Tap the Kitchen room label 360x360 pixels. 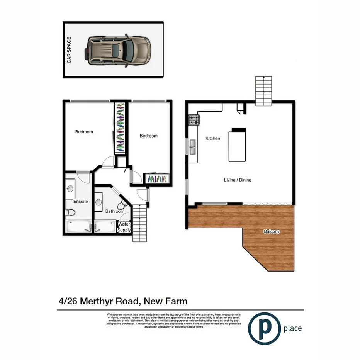(x=212, y=138)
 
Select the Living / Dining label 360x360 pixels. (x=238, y=180)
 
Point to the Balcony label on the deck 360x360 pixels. (x=272, y=232)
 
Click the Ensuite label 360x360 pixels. (x=81, y=202)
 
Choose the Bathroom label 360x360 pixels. (x=115, y=211)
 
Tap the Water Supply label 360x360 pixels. (x=124, y=227)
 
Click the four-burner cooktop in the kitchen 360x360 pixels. (x=194, y=120)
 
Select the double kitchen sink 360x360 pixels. (x=192, y=147)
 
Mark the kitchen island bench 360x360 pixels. (x=238, y=146)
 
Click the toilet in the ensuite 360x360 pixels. (x=70, y=212)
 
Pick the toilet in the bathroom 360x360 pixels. (x=123, y=205)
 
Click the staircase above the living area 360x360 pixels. (x=263, y=91)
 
